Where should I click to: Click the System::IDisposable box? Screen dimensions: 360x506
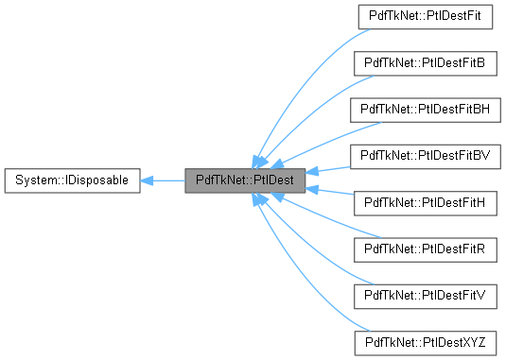pyautogui.click(x=72, y=179)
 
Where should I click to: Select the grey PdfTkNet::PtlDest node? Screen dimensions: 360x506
pyautogui.click(x=245, y=179)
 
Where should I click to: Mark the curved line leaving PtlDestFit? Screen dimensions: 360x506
pyautogui.click(x=303, y=66)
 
